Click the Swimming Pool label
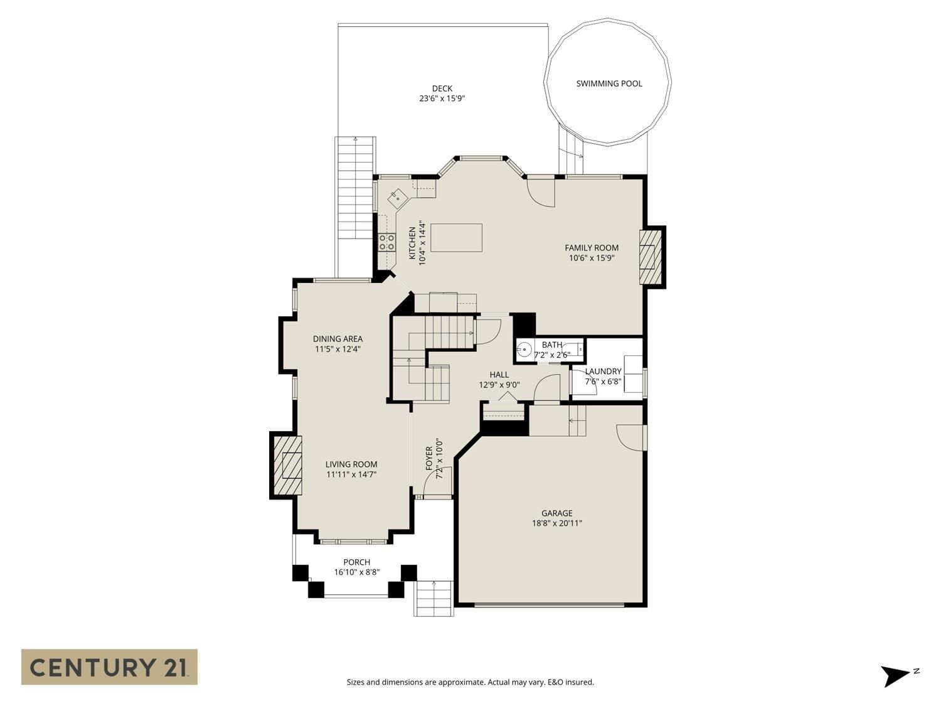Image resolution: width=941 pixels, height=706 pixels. [609, 83]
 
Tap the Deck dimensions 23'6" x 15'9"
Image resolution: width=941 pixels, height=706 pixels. [442, 99]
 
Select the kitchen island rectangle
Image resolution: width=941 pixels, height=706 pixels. [456, 237]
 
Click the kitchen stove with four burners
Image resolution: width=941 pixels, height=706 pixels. [386, 242]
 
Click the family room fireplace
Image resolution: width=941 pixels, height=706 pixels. [650, 257]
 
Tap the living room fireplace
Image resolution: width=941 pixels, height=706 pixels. [288, 466]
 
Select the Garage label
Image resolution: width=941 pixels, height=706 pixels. [557, 513]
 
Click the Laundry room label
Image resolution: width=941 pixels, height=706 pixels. [603, 372]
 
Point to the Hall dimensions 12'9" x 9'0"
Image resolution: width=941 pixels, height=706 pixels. [499, 385]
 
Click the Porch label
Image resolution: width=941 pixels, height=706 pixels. [357, 562]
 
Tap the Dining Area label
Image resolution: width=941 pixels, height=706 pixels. [338, 339]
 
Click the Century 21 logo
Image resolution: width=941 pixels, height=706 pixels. [109, 668]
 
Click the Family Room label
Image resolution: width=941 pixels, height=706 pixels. [592, 248]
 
